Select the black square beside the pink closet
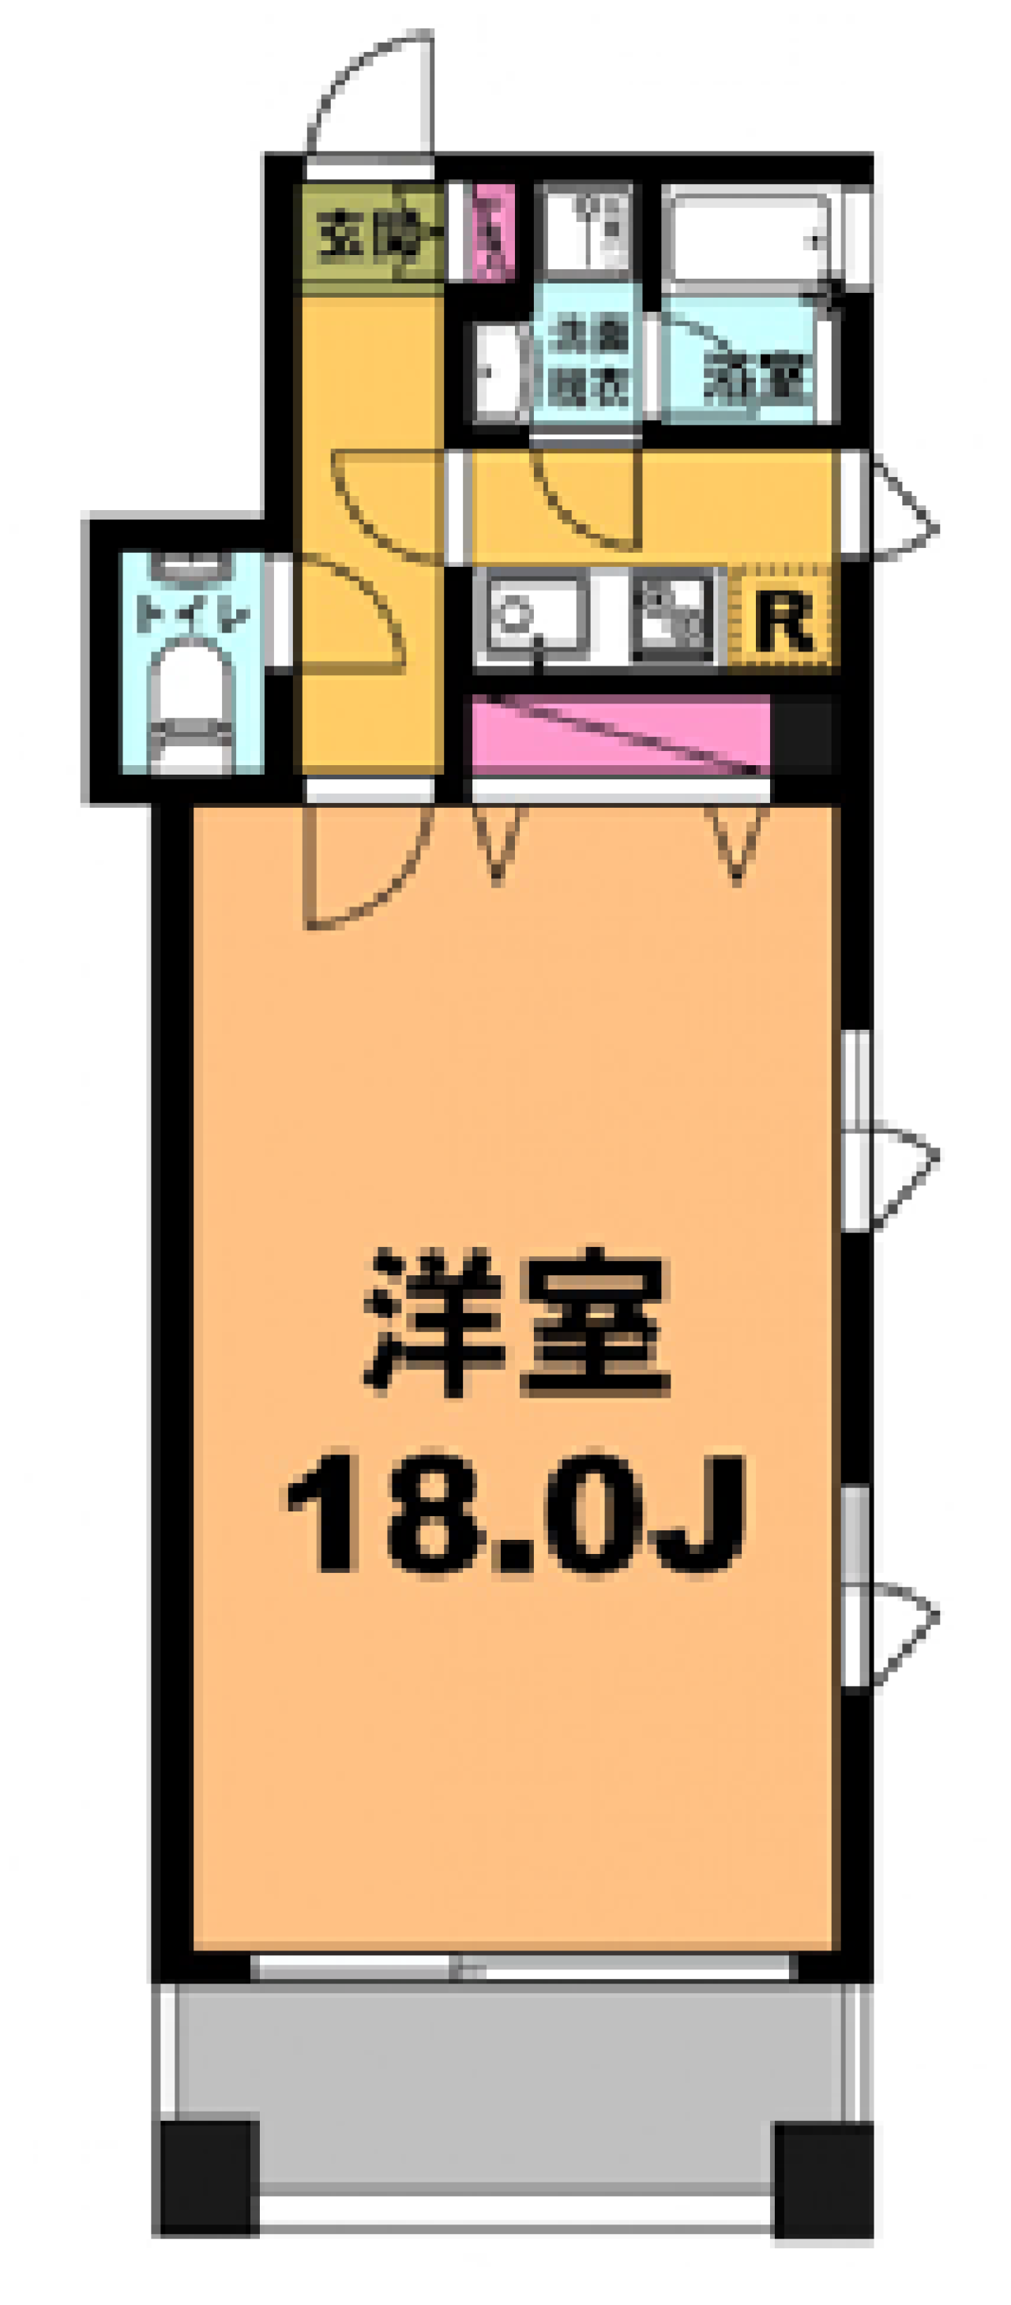(802, 734)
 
